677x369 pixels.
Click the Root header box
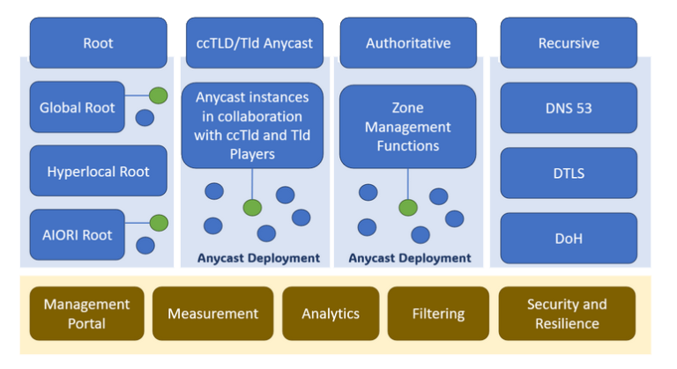click(98, 42)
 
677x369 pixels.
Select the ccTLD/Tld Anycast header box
click(254, 42)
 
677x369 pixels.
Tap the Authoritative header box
click(407, 42)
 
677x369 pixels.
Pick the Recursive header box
click(569, 42)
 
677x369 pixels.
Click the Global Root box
click(77, 108)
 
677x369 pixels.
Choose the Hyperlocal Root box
click(98, 171)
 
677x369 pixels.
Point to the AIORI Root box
click(77, 234)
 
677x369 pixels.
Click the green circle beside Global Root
click(158, 96)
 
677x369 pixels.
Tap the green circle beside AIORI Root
click(158, 223)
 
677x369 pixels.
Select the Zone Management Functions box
click(407, 126)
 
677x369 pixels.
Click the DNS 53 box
click(569, 108)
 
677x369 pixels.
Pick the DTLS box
click(569, 173)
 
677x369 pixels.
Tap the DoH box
click(569, 238)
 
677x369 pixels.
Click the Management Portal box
click(86, 314)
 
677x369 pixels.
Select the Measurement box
click(212, 314)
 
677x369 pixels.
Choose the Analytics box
click(331, 314)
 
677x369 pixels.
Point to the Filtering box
click(438, 314)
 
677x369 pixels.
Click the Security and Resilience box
click(567, 314)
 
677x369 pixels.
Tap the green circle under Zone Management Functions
click(407, 208)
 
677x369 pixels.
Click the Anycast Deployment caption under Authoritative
click(410, 258)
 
